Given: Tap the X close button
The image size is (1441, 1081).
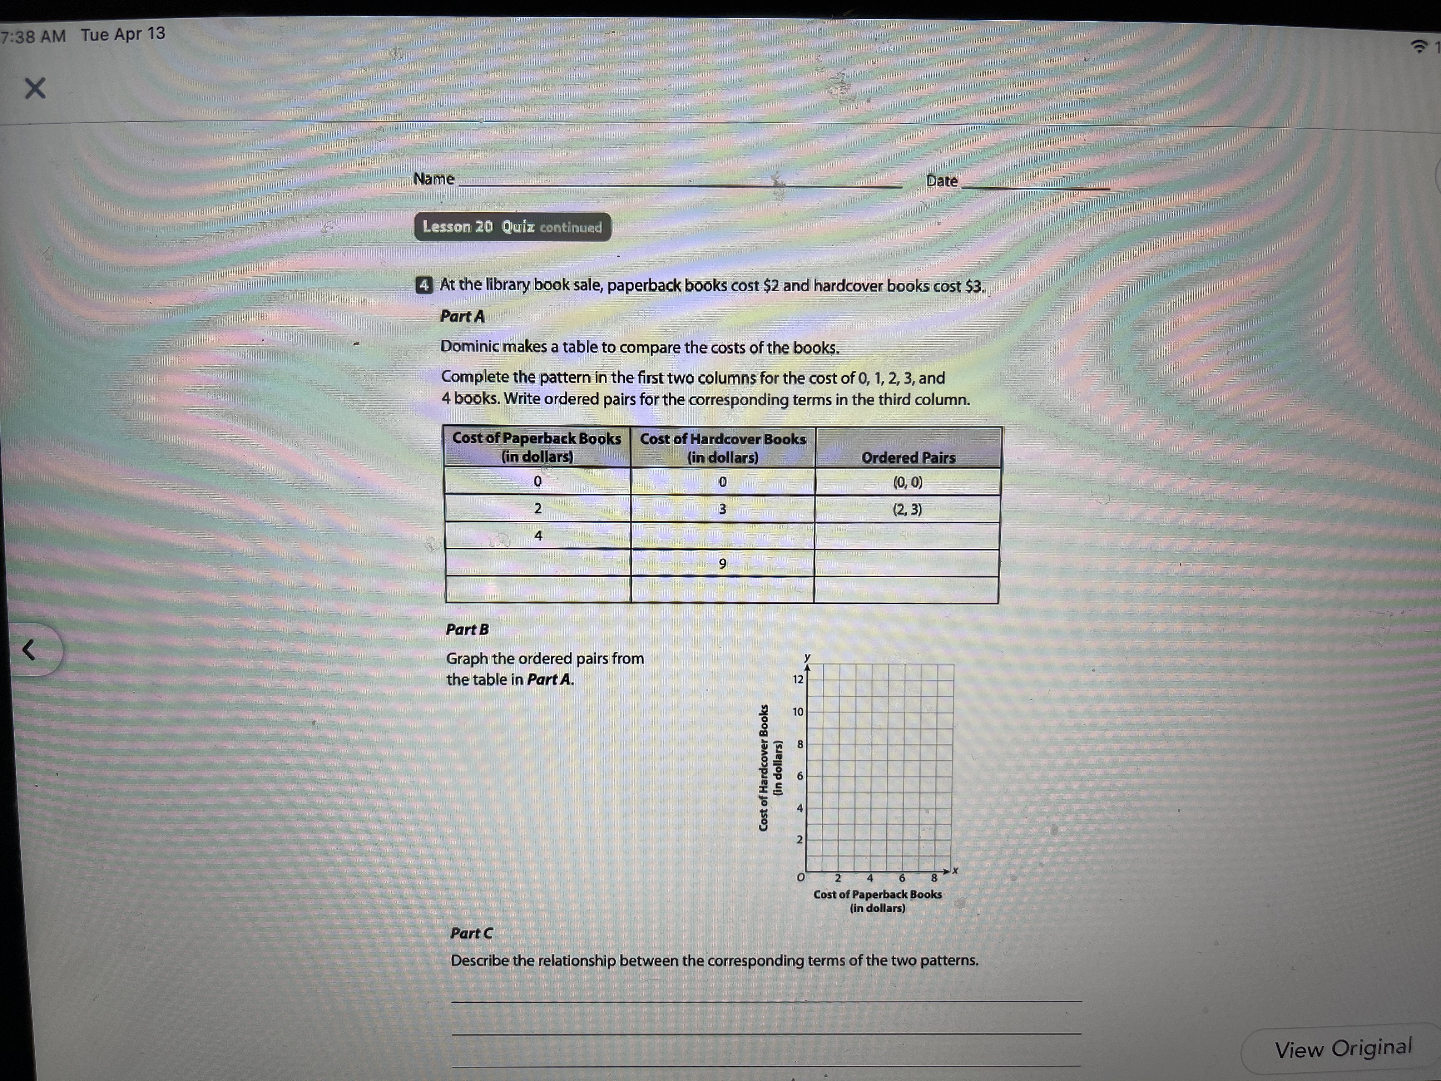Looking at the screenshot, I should (x=35, y=88).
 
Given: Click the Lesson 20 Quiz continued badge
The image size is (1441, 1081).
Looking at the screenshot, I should (x=512, y=227).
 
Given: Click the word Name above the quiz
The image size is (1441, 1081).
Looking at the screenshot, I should (x=433, y=178).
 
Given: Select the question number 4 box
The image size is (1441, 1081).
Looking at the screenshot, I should (x=424, y=285).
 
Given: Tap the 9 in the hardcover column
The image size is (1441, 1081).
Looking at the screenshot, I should (x=722, y=564).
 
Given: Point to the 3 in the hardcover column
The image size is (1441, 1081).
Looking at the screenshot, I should (x=722, y=509).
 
